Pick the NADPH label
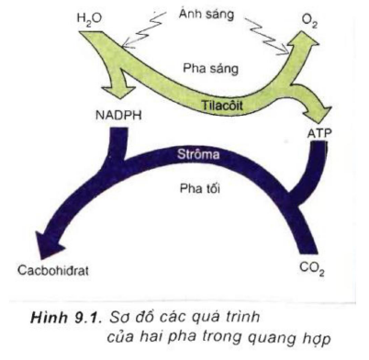click(117, 118)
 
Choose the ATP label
click(316, 134)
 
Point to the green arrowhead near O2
click(302, 41)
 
